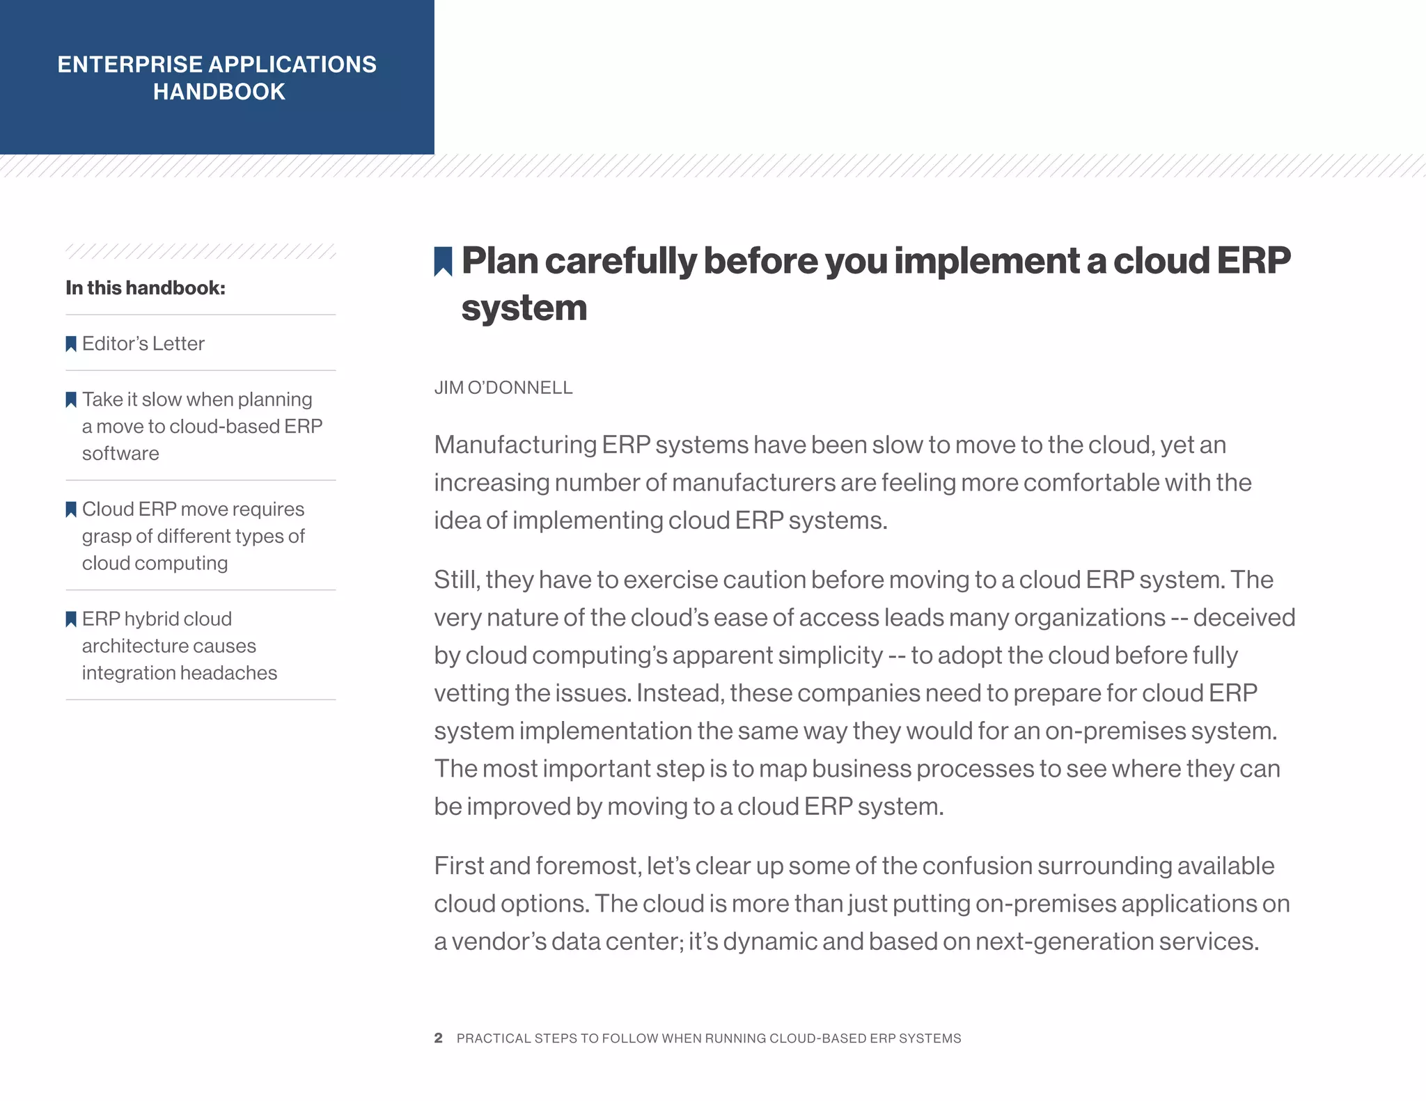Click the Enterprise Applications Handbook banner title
coord(217,78)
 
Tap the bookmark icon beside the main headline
coord(443,261)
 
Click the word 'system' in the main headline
coord(524,308)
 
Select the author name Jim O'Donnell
coord(503,388)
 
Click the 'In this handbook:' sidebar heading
coord(146,287)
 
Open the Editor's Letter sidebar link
coord(143,343)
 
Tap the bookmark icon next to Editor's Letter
coord(71,344)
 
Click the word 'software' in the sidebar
coord(120,453)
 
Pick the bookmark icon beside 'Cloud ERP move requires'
coord(71,509)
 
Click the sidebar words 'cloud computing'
coord(155,562)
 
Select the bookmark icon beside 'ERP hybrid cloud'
coord(71,619)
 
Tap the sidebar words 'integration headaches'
coord(180,672)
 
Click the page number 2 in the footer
coord(438,1038)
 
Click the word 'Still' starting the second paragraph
coord(456,579)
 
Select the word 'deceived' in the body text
coord(1244,617)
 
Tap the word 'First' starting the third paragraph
coord(458,865)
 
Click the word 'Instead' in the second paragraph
coord(680,692)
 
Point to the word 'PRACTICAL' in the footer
coord(493,1038)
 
